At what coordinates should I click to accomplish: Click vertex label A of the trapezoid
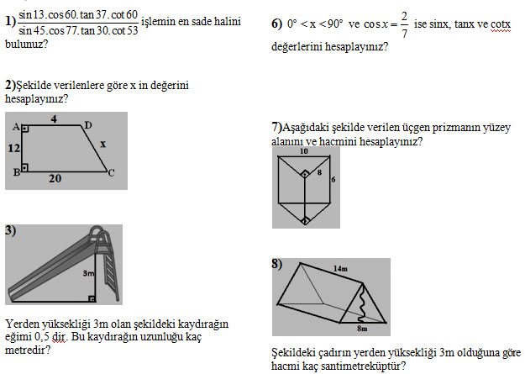(x=14, y=126)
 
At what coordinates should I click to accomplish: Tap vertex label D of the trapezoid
(x=88, y=125)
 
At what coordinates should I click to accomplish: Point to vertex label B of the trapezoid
(x=14, y=172)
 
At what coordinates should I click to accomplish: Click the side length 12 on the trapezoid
(x=14, y=149)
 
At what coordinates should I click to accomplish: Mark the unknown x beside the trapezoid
(x=102, y=144)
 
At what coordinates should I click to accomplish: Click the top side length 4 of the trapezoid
(x=52, y=119)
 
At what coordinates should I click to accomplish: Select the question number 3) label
(x=10, y=231)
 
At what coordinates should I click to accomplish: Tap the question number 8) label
(x=277, y=265)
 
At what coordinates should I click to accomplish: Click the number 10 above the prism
(x=304, y=154)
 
